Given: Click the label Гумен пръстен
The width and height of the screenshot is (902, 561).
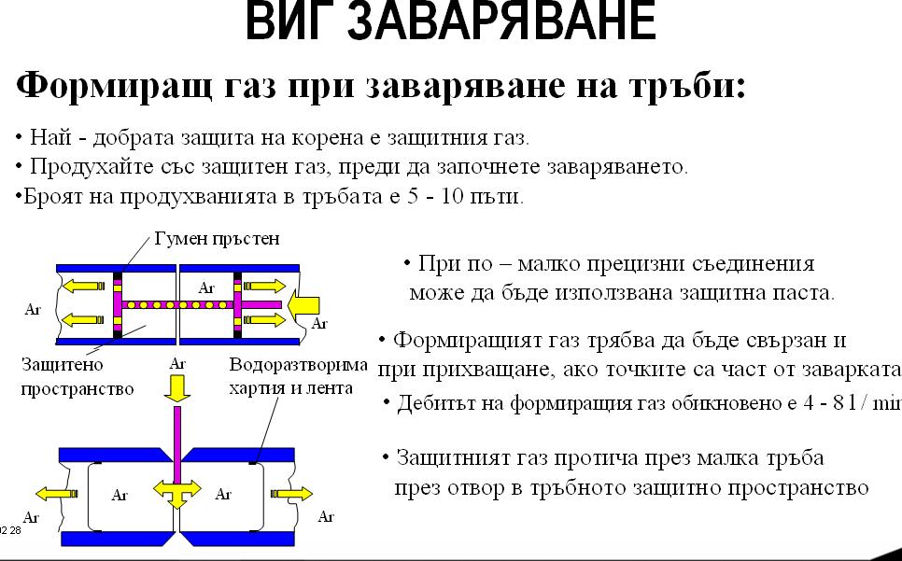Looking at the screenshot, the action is (x=217, y=239).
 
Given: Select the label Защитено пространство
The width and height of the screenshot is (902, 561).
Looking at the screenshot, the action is (x=78, y=376).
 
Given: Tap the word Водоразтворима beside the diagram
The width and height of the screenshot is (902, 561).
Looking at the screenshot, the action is (x=298, y=364).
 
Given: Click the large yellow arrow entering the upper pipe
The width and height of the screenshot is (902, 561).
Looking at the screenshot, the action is (x=304, y=304).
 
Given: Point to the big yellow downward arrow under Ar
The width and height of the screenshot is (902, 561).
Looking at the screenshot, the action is (x=177, y=388).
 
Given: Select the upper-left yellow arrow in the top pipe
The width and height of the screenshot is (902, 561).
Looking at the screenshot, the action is (x=83, y=286).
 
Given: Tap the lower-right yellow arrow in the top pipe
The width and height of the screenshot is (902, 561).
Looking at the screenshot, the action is (x=264, y=319).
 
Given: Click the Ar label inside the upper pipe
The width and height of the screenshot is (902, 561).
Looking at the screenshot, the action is (x=206, y=288).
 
